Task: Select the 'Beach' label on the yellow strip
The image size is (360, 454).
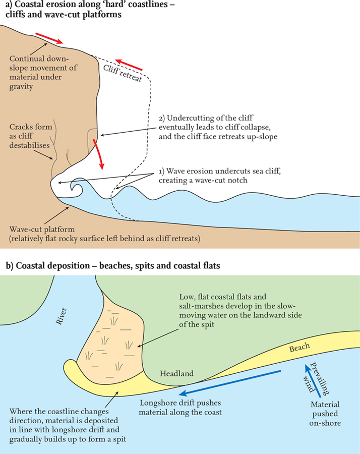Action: [x=300, y=348]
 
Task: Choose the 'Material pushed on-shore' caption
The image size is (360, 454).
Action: [x=325, y=414]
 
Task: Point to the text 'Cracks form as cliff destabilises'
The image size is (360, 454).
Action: [x=30, y=136]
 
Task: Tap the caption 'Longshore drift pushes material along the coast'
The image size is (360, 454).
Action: [x=181, y=408]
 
